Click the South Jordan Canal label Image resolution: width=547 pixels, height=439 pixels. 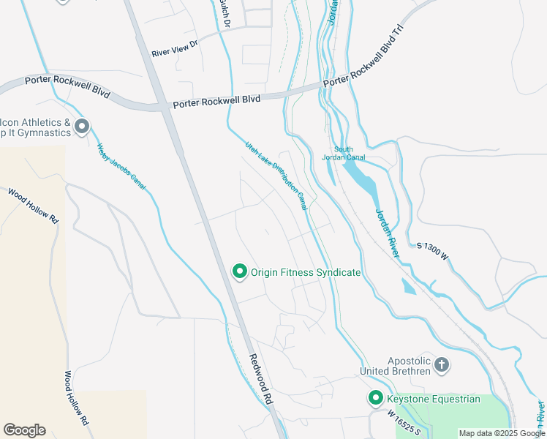[344, 153]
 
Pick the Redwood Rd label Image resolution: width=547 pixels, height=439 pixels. [261, 380]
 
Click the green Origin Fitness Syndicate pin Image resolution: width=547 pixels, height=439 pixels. [239, 271]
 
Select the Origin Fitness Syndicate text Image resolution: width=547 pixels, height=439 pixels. [306, 272]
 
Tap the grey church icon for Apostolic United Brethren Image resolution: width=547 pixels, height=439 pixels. [441, 364]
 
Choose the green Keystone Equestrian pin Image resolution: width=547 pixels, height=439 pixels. [375, 398]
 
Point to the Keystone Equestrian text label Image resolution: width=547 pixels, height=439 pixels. [433, 399]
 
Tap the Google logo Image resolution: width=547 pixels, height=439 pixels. [24, 429]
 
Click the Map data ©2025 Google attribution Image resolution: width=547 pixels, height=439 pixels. [501, 433]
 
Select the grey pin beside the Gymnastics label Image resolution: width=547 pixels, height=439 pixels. [82, 127]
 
